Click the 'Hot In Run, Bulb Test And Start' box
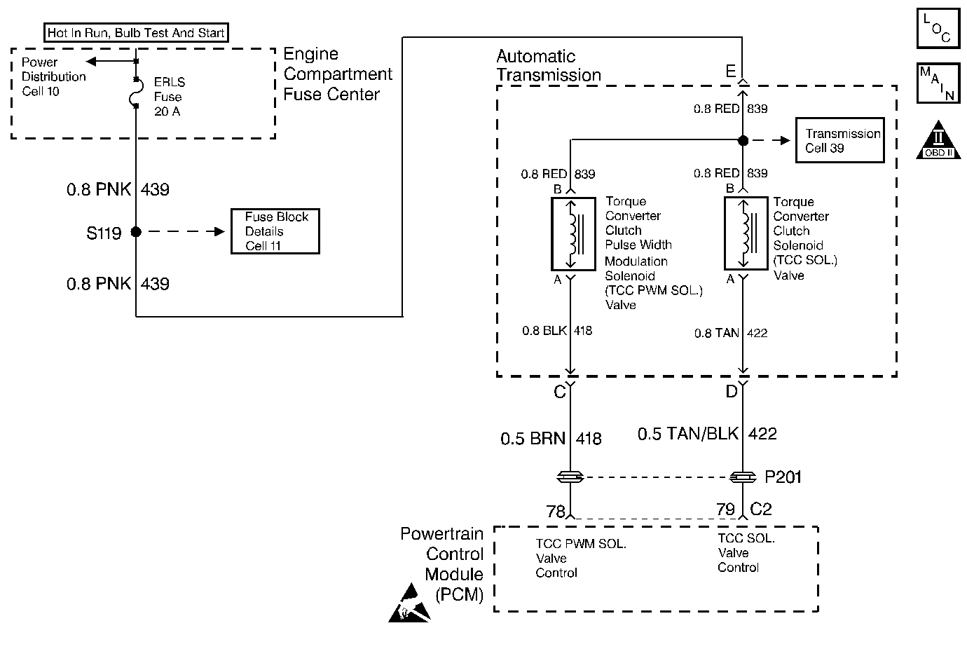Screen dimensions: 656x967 136,33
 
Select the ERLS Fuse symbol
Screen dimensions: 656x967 136,93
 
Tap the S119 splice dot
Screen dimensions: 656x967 136,231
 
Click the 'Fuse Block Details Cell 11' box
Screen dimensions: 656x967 276,231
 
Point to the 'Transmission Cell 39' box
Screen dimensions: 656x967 839,141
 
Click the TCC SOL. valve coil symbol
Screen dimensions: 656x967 743,233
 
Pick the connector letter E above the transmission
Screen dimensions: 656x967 731,71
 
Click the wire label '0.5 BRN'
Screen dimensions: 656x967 533,439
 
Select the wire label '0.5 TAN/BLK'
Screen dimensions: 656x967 687,434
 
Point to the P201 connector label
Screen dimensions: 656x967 783,478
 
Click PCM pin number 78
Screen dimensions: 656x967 555,512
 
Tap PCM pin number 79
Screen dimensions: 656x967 725,510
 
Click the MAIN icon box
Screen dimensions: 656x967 938,84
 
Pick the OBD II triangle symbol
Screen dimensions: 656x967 938,140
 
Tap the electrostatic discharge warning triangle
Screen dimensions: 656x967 410,608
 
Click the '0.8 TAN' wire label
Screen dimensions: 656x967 717,334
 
